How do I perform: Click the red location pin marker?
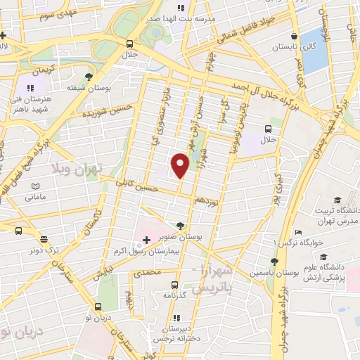(181, 165)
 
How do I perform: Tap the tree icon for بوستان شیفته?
(89, 77)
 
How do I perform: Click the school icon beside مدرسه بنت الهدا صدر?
(181, 8)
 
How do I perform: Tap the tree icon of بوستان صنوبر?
(181, 226)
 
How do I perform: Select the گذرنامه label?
(173, 296)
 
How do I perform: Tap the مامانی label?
(35, 197)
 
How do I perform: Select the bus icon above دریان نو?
(97, 307)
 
